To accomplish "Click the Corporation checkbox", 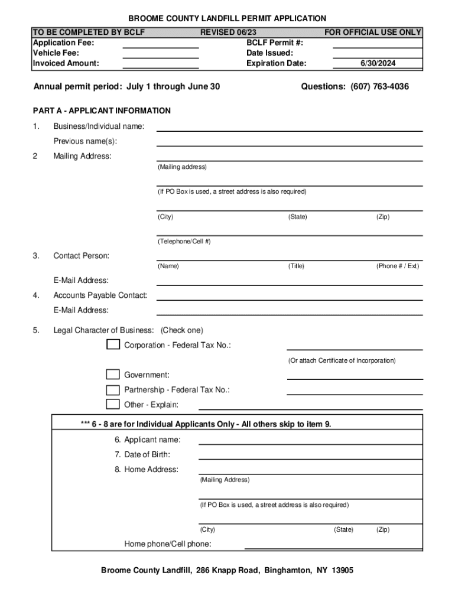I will pyautogui.click(x=113, y=344).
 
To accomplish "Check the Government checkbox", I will pyautogui.click(x=113, y=374).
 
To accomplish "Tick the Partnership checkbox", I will pyautogui.click(x=113, y=389).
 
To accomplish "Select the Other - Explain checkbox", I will pyautogui.click(x=113, y=404).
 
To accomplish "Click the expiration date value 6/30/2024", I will pyautogui.click(x=378, y=63).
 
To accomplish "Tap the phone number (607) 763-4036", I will pyautogui.click(x=379, y=87).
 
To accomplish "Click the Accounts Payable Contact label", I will pyautogui.click(x=100, y=295).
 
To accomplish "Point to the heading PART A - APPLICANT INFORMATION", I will pyautogui.click(x=102, y=110).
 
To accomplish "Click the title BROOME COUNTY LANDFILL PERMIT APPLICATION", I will pyautogui.click(x=227, y=19).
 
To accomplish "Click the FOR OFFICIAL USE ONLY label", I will pyautogui.click(x=373, y=32).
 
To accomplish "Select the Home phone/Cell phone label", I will pyautogui.click(x=168, y=544).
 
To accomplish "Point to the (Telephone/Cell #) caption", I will pyautogui.click(x=184, y=241).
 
